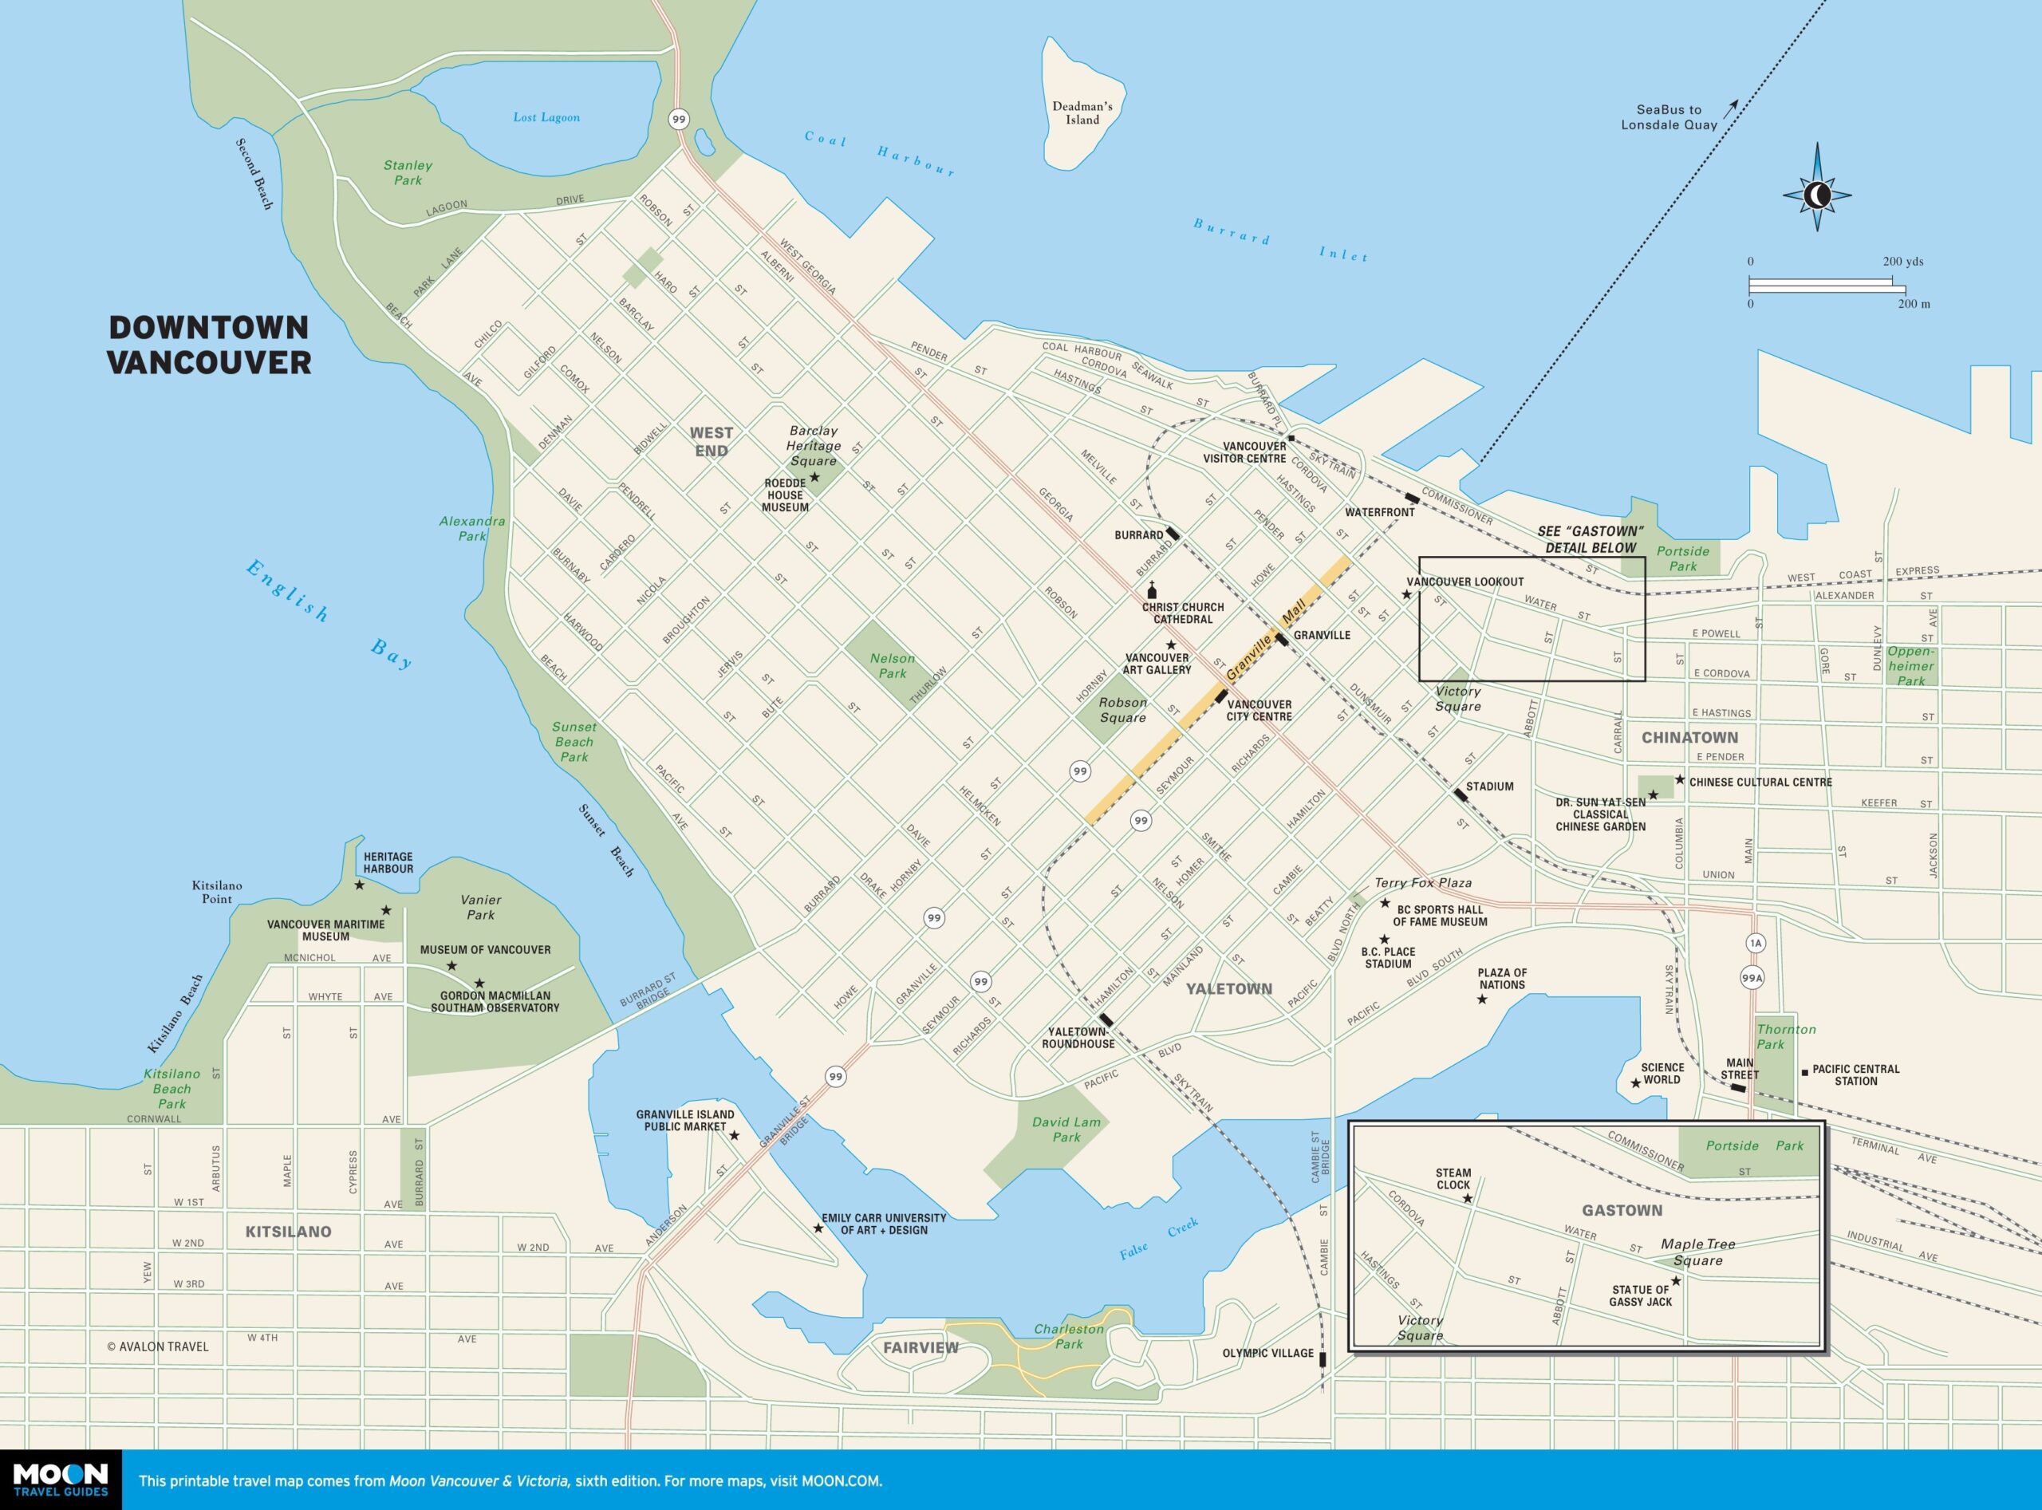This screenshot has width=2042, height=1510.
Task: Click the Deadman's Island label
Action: tap(1082, 112)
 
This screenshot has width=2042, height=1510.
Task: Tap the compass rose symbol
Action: tap(1817, 194)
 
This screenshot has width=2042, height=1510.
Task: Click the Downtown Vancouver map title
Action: tap(209, 345)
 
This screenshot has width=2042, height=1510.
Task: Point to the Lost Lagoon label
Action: tap(546, 117)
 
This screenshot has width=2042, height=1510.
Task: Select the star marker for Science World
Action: tap(1635, 1083)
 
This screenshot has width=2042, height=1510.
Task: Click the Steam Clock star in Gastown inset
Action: tap(1467, 1197)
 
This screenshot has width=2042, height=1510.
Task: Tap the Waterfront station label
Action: tap(1379, 513)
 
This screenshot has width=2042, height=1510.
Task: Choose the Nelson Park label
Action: tap(892, 665)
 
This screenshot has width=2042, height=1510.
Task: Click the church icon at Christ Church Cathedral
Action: tap(1152, 591)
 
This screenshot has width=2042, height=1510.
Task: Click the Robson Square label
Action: tap(1122, 709)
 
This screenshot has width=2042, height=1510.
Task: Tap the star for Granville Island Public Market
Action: tap(734, 1135)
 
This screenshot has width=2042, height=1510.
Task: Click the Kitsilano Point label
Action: tap(217, 892)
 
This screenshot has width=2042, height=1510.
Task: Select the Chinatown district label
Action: tap(1689, 737)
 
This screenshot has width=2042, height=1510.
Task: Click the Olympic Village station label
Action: tap(1267, 1353)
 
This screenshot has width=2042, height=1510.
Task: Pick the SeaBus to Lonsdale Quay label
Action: tap(1668, 117)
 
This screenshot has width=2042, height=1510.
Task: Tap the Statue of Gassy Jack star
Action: tap(1675, 1280)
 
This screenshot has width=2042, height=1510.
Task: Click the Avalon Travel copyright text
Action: tap(157, 1346)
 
